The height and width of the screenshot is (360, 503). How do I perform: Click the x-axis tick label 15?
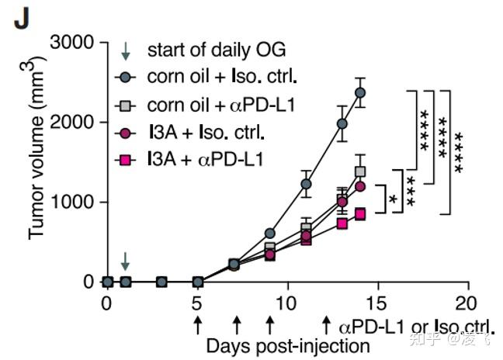tap(377, 303)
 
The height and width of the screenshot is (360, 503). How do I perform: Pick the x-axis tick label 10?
tap(287, 303)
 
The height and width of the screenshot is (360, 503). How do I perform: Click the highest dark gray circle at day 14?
tap(360, 92)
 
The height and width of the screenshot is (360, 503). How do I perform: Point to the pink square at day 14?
tap(360, 213)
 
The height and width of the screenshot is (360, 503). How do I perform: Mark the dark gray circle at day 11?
tap(306, 184)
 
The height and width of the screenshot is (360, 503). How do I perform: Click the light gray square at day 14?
tap(360, 171)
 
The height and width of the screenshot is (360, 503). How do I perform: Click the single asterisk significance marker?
tap(394, 199)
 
